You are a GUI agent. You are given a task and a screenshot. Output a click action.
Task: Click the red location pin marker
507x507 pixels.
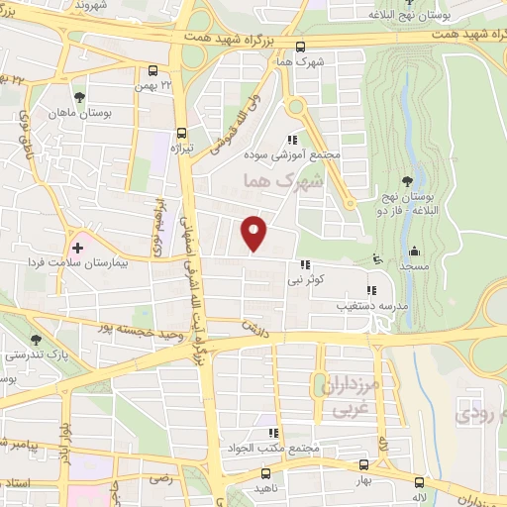tap(255, 233)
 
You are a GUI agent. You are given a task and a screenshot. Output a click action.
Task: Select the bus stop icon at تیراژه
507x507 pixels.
tap(181, 133)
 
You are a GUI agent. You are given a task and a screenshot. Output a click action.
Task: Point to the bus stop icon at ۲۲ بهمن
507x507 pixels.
tap(152, 71)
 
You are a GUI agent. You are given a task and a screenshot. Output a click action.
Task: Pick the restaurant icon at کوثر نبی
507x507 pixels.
tap(306, 265)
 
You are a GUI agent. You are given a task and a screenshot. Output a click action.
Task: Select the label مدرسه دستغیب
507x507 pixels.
tap(359, 306)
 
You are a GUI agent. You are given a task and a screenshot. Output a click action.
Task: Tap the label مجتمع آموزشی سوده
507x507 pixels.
tap(297, 155)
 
